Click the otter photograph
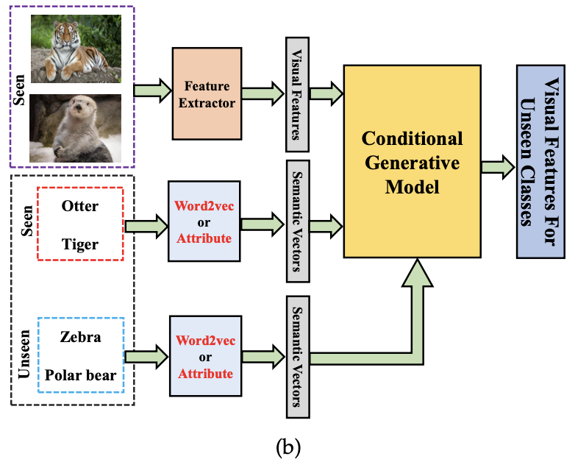(x=75, y=127)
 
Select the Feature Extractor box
(x=207, y=93)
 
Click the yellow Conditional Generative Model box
(x=412, y=162)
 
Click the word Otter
(x=80, y=207)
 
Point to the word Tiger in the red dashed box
(x=80, y=244)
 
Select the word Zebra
(x=81, y=338)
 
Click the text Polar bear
(x=81, y=375)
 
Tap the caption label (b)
(x=287, y=445)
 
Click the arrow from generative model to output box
(x=498, y=166)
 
